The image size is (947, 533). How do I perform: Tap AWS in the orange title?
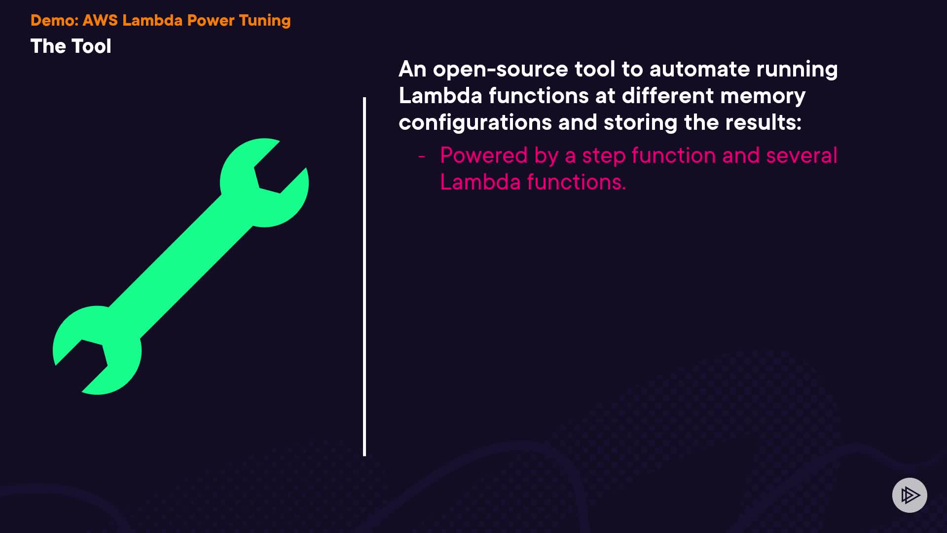click(x=100, y=20)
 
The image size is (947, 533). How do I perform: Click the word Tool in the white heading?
click(x=91, y=46)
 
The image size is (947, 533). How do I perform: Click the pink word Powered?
click(x=484, y=155)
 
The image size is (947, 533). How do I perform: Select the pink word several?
click(x=801, y=155)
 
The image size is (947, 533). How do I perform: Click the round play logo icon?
click(x=910, y=495)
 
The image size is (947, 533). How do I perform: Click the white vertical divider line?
click(x=364, y=276)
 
